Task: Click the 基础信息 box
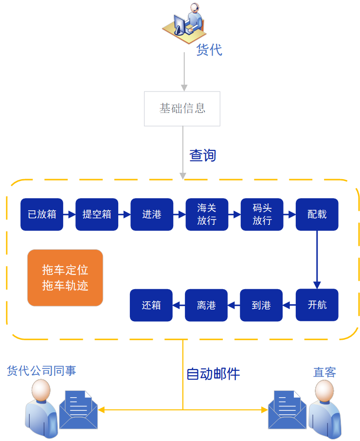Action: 182,109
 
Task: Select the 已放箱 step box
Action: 42,214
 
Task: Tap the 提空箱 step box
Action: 97,214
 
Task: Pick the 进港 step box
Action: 152,214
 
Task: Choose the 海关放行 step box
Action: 207,214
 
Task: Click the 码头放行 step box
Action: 262,214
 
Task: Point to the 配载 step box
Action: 317,214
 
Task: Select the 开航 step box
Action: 317,305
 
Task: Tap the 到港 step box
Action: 261,305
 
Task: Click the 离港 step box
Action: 206,305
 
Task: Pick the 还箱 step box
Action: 151,305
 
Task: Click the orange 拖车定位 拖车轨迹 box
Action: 65,278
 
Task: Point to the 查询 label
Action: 202,156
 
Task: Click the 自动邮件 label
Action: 213,374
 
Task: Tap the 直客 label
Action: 324,373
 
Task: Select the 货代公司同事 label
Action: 41,371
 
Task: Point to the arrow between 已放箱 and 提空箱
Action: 70,214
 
